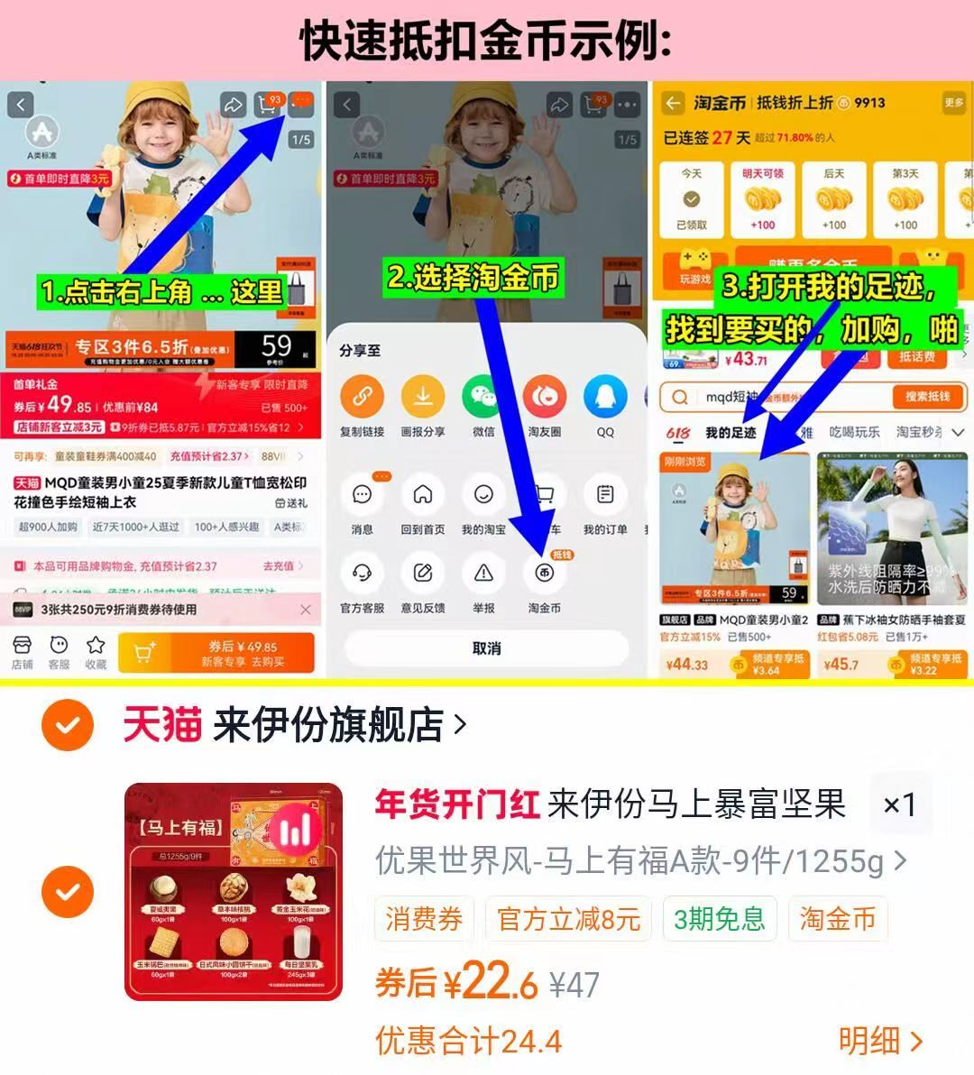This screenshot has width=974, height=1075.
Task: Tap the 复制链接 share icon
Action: pyautogui.click(x=362, y=397)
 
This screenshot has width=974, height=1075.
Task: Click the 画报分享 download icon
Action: pyautogui.click(x=423, y=397)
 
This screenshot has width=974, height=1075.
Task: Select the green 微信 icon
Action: pyautogui.click(x=483, y=397)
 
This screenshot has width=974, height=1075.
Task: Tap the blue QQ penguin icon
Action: pyautogui.click(x=605, y=397)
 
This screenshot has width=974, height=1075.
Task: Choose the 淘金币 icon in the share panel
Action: pyautogui.click(x=544, y=573)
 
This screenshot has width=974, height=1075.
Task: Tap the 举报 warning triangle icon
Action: pyautogui.click(x=483, y=573)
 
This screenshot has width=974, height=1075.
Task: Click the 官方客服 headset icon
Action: pyautogui.click(x=362, y=573)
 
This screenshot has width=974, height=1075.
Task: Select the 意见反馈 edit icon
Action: pyautogui.click(x=423, y=573)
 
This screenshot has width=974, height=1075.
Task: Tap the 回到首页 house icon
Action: pyautogui.click(x=423, y=494)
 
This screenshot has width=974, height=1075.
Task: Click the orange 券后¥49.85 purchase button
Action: pyautogui.click(x=216, y=653)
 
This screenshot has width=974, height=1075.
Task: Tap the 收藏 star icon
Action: pyautogui.click(x=96, y=651)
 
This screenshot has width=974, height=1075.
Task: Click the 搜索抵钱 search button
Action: pyautogui.click(x=927, y=397)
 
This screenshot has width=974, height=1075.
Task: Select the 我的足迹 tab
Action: pyautogui.click(x=730, y=433)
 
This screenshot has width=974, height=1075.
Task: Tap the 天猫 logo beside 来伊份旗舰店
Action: pyautogui.click(x=162, y=725)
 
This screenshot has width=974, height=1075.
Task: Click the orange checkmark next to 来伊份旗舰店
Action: pyautogui.click(x=68, y=725)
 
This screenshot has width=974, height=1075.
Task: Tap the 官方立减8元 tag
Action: pyautogui.click(x=568, y=919)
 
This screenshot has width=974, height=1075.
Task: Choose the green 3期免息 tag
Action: pyautogui.click(x=720, y=919)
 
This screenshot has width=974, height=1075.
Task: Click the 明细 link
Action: pyautogui.click(x=880, y=1041)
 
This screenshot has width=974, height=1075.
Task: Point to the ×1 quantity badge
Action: pyautogui.click(x=899, y=804)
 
